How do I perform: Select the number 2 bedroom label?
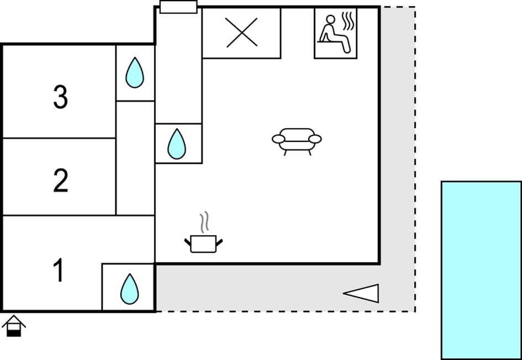pyautogui.click(x=60, y=181)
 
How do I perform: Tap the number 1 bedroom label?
pyautogui.click(x=59, y=271)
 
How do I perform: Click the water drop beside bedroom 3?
pyautogui.click(x=135, y=73)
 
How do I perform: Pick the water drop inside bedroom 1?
pyautogui.click(x=129, y=288)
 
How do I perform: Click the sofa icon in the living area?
pyautogui.click(x=297, y=140)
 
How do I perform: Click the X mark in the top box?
pyautogui.click(x=242, y=32)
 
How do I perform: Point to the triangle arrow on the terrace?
pyautogui.click(x=362, y=293)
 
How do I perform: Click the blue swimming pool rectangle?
pyautogui.click(x=481, y=270)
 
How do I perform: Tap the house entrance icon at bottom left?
pyautogui.click(x=13, y=326)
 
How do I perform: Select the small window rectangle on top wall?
pyautogui.click(x=178, y=7)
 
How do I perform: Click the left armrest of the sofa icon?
pyautogui.click(x=278, y=139)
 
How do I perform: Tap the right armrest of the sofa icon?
pyautogui.click(x=315, y=139)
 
